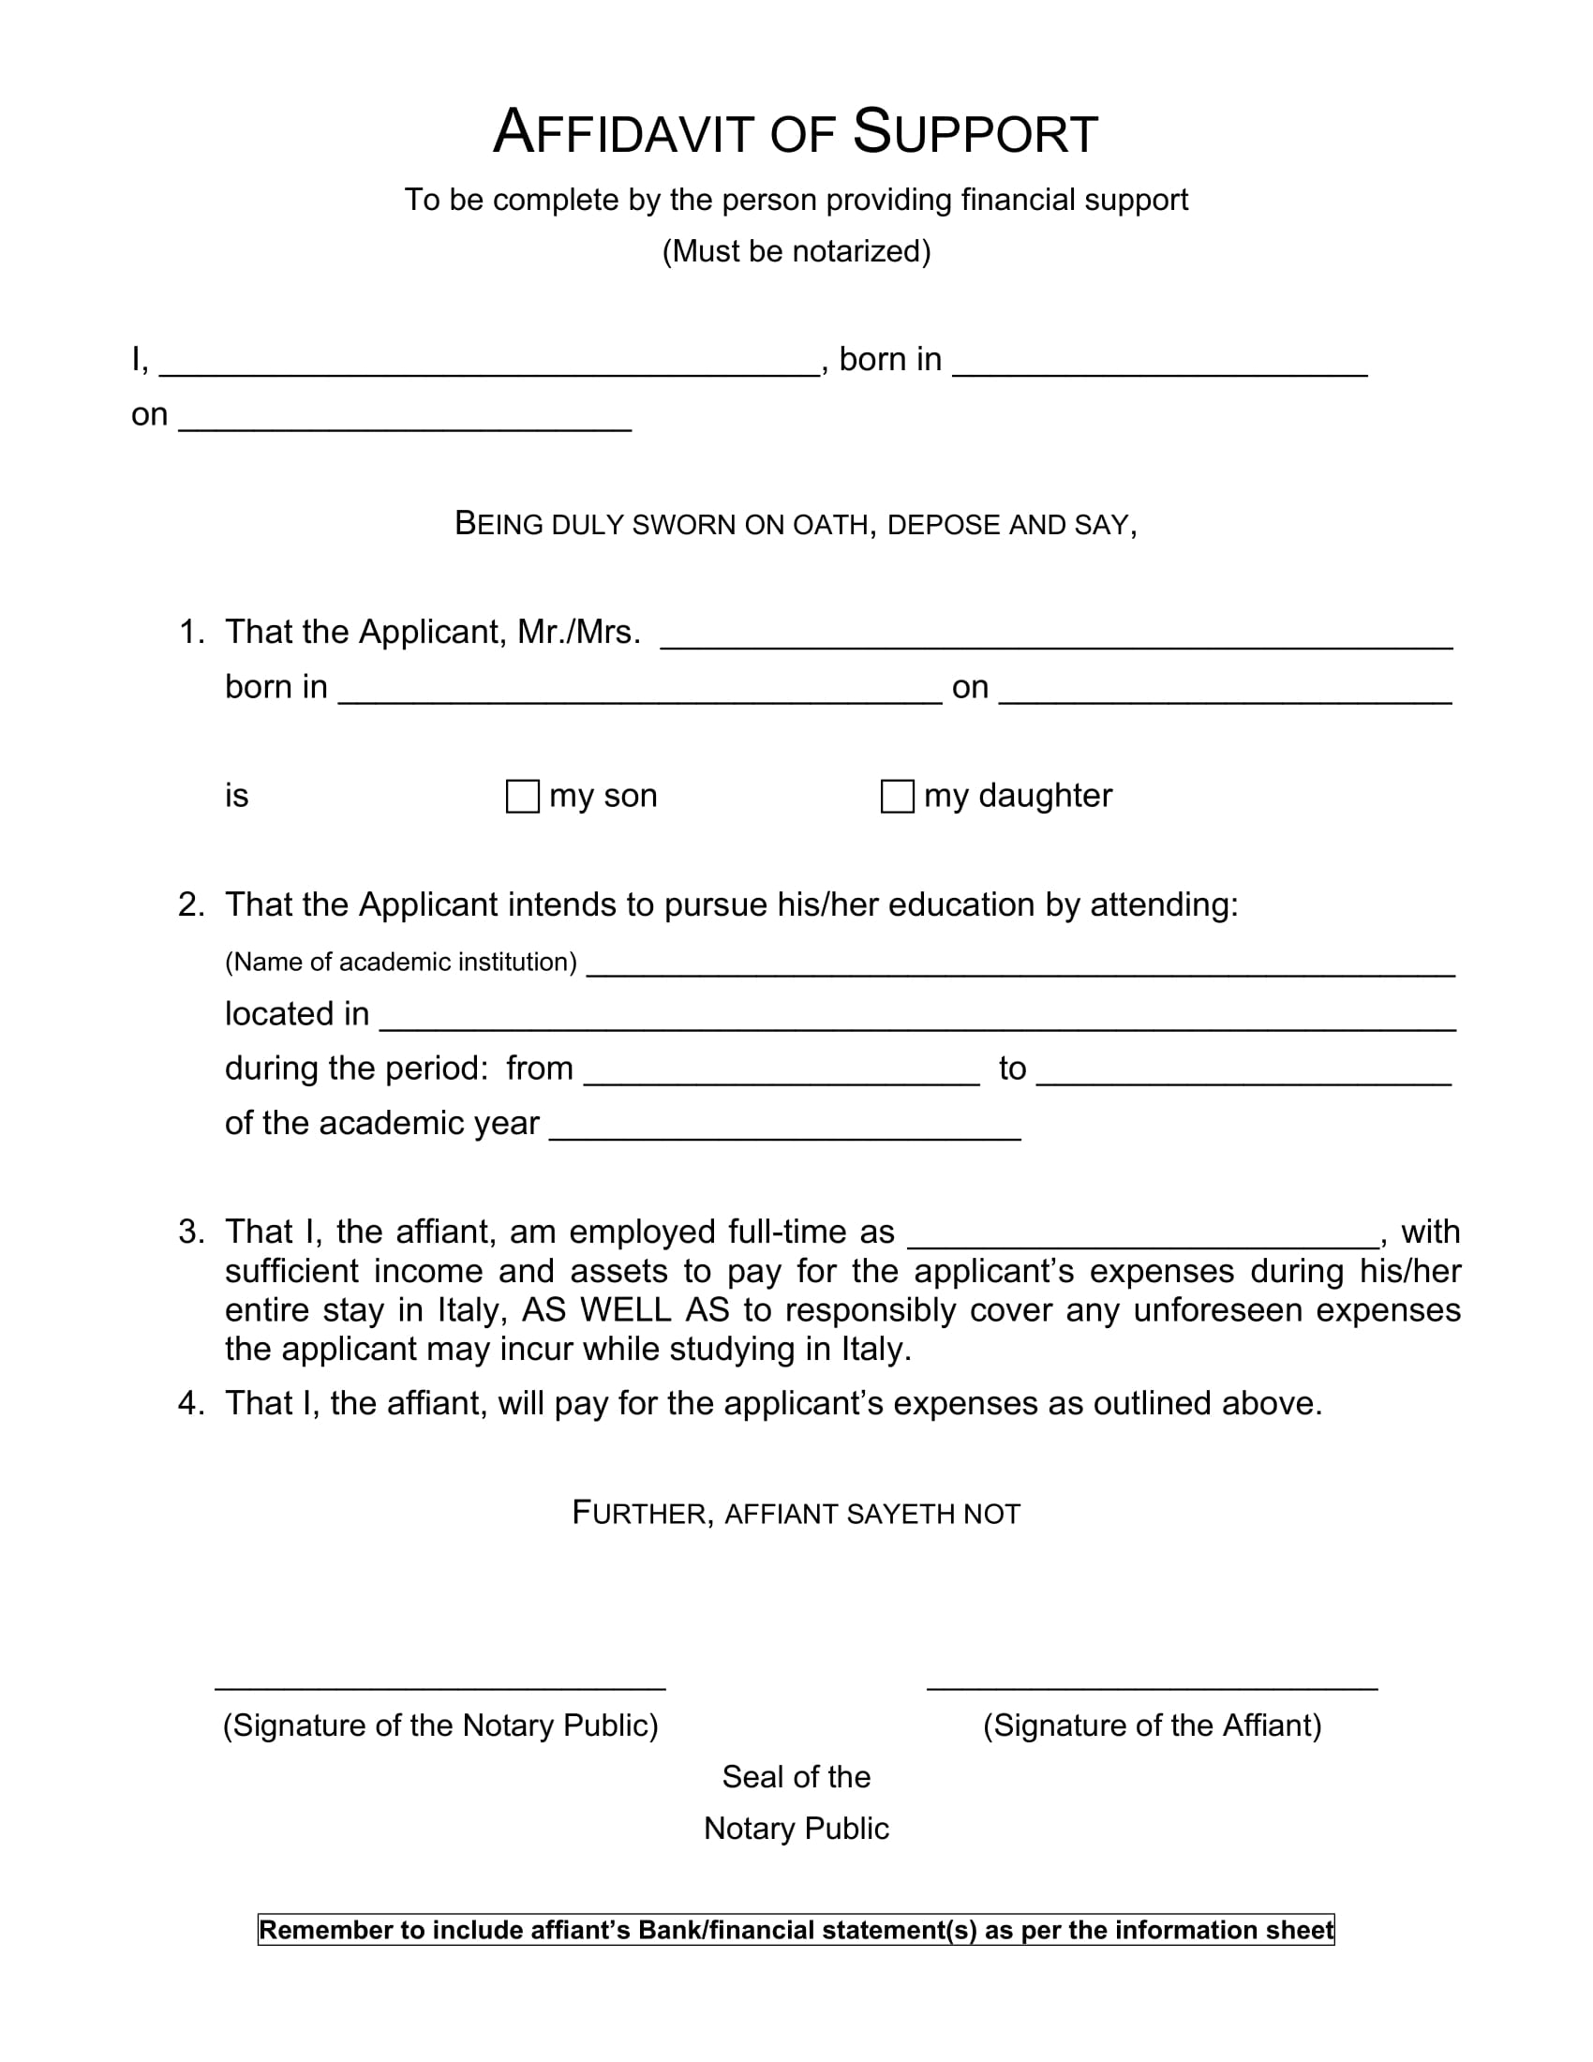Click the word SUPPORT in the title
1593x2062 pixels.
click(x=975, y=132)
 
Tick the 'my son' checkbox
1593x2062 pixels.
click(x=522, y=796)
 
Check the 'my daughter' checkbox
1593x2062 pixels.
click(x=897, y=796)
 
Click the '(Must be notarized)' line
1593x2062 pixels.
click(x=796, y=251)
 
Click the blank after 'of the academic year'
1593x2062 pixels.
click(x=784, y=1128)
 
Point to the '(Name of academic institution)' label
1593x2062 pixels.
click(x=400, y=962)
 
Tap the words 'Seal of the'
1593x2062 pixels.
click(x=796, y=1777)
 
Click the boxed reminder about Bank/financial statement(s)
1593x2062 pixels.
click(x=796, y=1930)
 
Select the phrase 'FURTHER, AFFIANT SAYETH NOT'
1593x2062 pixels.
click(x=796, y=1514)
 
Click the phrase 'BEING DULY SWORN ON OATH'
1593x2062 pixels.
click(x=661, y=524)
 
